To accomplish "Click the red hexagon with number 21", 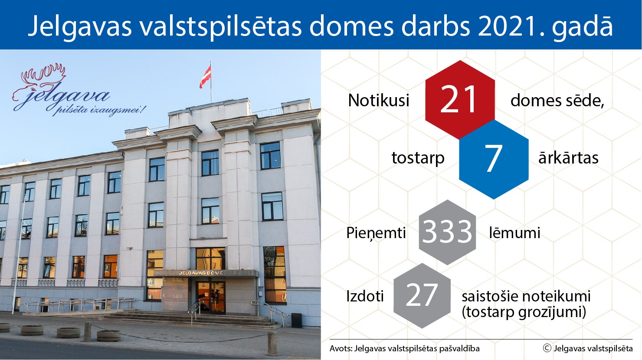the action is (460, 100).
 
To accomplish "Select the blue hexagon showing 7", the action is (494, 159).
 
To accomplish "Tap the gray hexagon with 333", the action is (447, 232).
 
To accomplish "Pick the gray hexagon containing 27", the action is (422, 296).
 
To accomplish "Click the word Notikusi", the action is (379, 101).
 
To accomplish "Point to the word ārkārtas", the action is (568, 157).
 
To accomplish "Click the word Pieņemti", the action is (376, 233).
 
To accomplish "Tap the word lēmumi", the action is (514, 232).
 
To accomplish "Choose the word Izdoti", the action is (365, 296).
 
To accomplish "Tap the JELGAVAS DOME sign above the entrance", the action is (200, 273).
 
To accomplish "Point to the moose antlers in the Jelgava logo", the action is (43, 75).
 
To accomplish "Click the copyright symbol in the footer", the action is (547, 348).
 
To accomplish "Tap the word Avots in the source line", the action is (341, 349).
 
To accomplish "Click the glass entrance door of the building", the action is (210, 297).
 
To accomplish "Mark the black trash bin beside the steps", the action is (296, 321).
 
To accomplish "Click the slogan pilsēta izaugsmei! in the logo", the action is (98, 110).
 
